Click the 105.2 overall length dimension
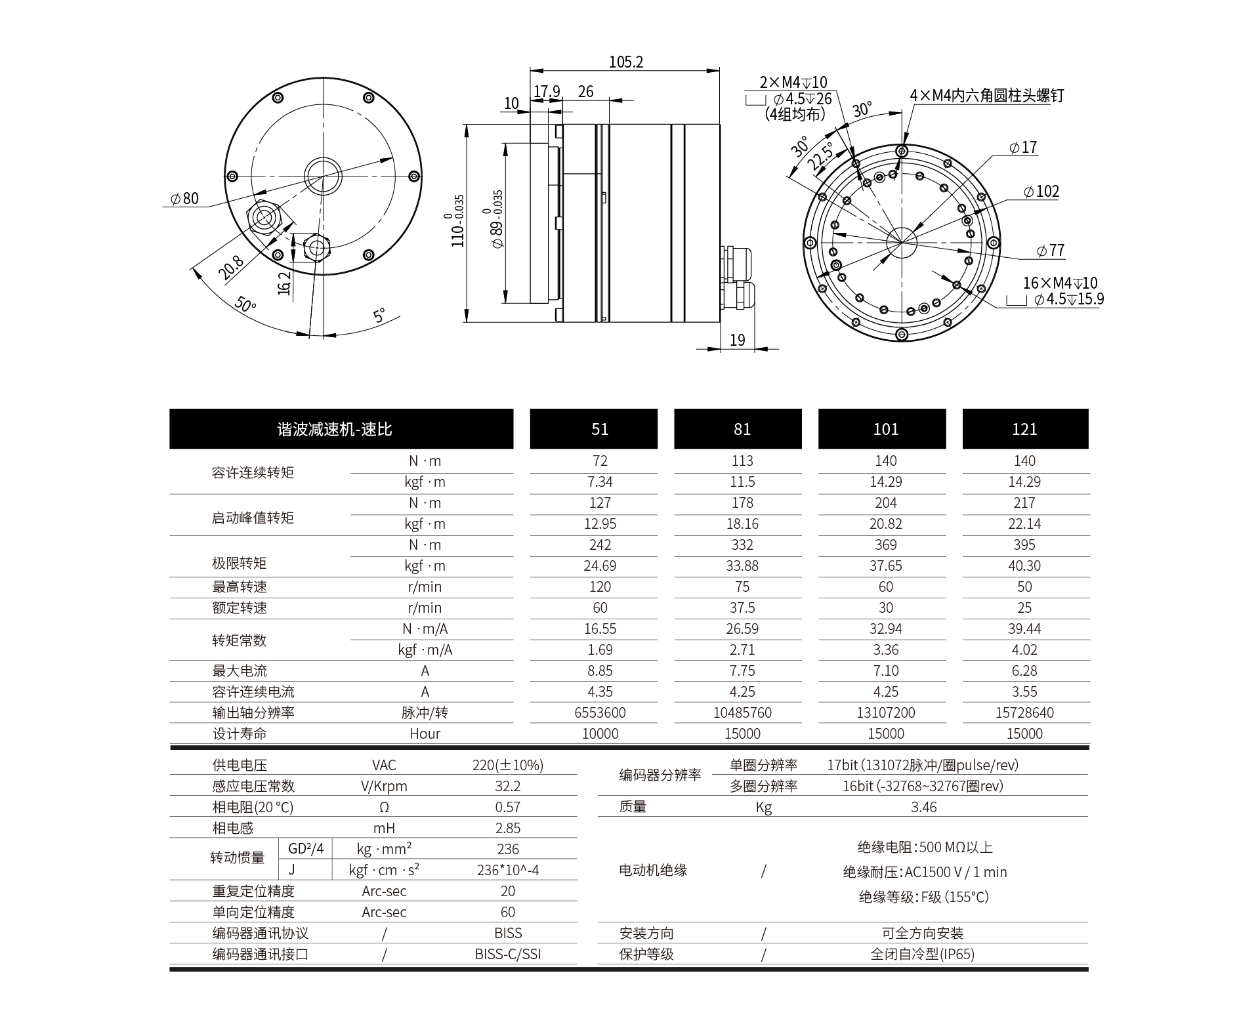coord(625,62)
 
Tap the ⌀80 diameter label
coord(184,199)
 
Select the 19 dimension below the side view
coord(737,340)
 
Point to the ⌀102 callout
coord(1041,192)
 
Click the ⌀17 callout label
coord(1023,148)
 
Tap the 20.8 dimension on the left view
coord(231,267)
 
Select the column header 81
coord(742,429)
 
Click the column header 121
coord(1024,429)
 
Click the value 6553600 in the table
coord(600,712)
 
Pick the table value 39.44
coord(1024,628)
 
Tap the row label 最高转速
coord(240,587)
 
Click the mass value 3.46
coord(923,807)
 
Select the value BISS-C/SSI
coord(508,954)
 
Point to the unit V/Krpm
coord(384,786)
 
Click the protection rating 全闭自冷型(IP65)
coord(922,954)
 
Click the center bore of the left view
coord(323,176)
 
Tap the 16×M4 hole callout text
coord(1060,283)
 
